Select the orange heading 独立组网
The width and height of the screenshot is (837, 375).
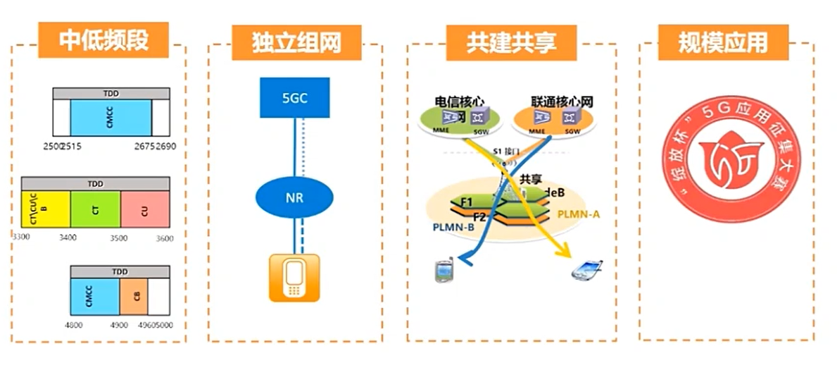(x=296, y=42)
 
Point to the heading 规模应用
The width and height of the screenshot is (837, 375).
(x=722, y=42)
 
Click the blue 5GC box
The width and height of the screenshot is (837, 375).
(x=295, y=98)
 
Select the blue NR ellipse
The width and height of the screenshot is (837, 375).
(x=295, y=198)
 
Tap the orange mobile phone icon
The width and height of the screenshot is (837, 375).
(x=295, y=278)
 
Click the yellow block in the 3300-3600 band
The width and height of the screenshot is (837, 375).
(x=46, y=209)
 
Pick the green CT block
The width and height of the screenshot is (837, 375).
(x=95, y=209)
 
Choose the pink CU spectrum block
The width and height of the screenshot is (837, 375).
(x=145, y=209)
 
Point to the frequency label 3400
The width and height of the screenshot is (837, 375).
(x=68, y=238)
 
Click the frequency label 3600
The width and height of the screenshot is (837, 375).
(x=163, y=238)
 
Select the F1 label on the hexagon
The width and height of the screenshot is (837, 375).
(x=466, y=203)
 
